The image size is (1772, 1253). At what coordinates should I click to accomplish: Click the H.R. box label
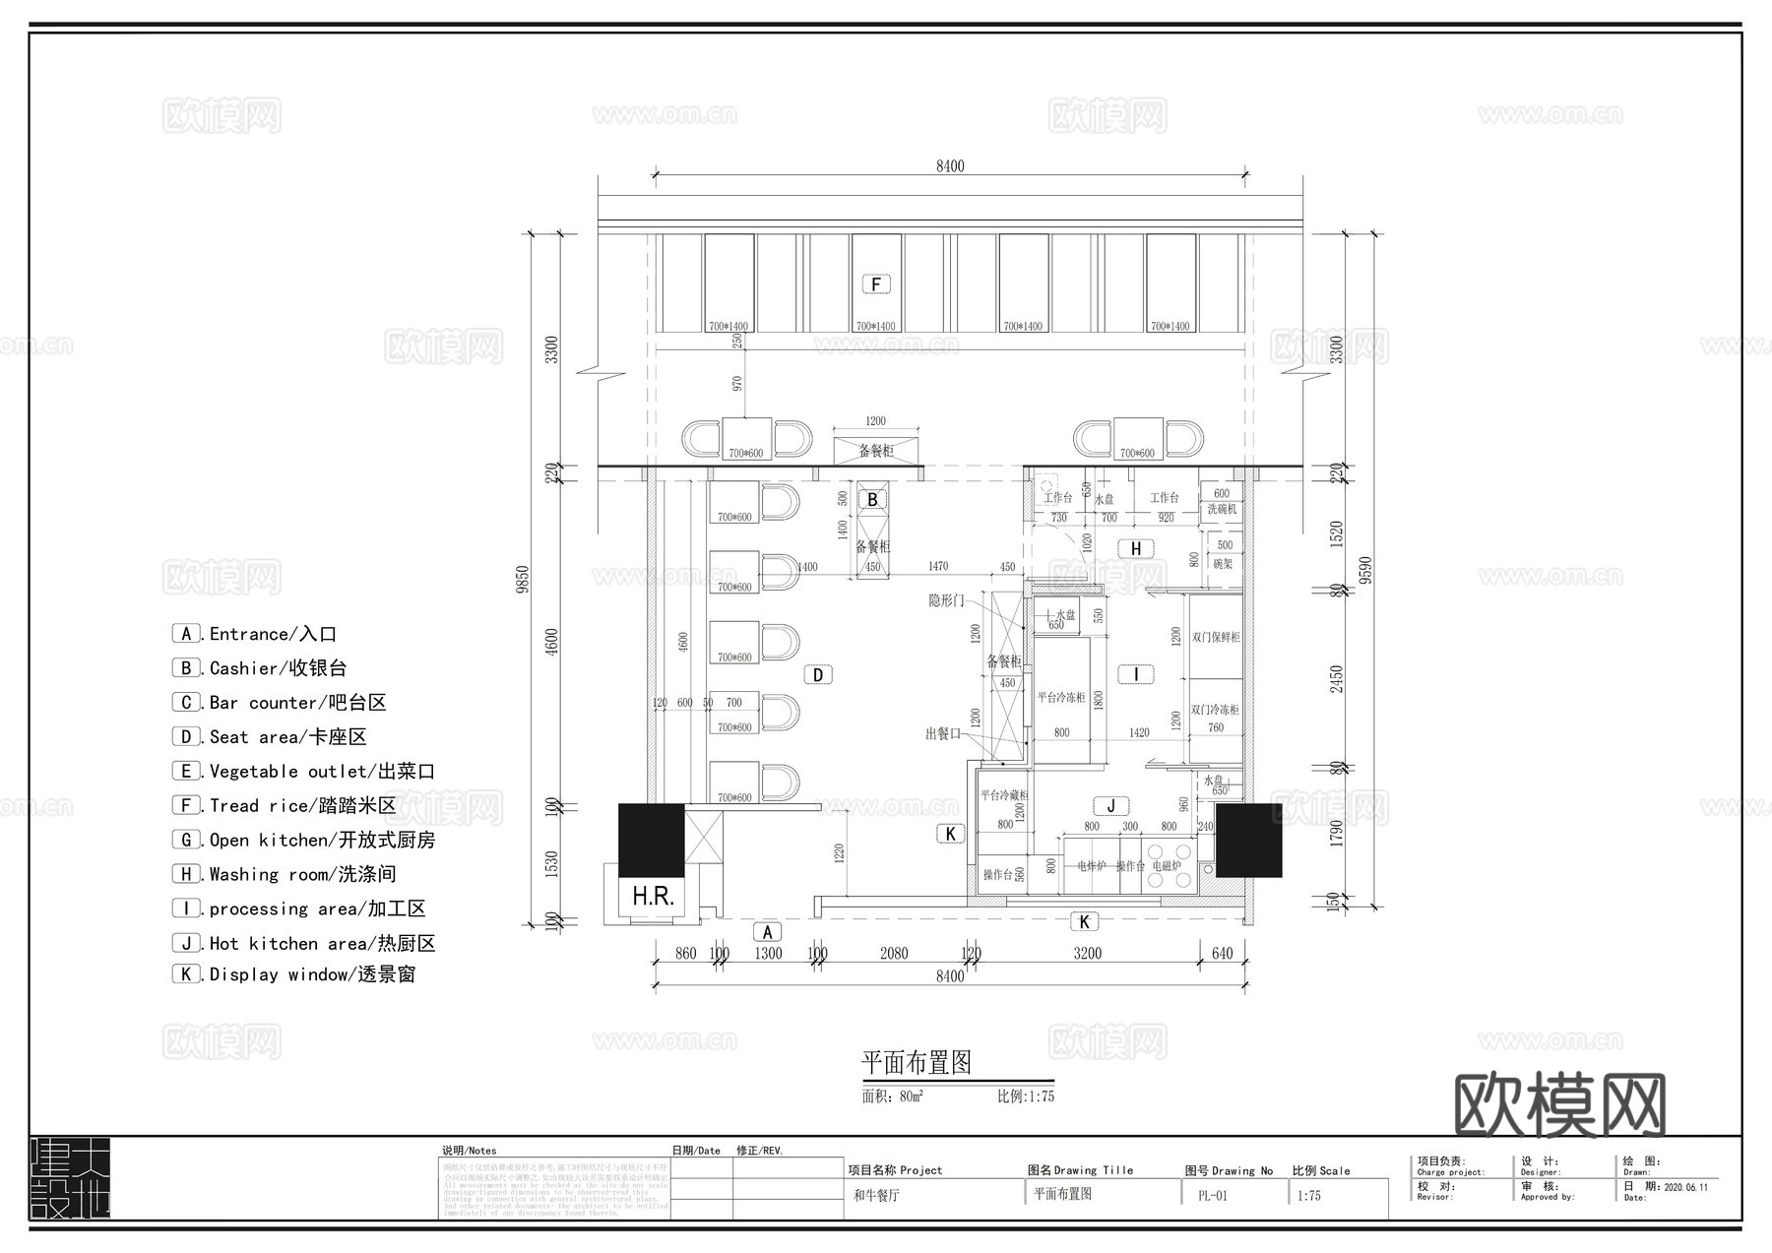(x=653, y=896)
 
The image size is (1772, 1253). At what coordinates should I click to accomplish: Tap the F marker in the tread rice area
(x=876, y=284)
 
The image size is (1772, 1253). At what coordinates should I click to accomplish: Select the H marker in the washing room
(x=1136, y=548)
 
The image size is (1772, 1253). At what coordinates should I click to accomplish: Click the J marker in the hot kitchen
(x=1110, y=806)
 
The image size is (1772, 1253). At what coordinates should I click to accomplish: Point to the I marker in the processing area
(x=1136, y=674)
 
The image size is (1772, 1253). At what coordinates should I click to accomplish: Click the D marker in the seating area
(x=818, y=675)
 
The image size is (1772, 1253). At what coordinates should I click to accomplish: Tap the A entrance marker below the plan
(x=767, y=931)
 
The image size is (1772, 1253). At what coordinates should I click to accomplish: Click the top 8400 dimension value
(x=950, y=166)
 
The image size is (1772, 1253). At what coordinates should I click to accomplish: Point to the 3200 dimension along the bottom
(x=1087, y=953)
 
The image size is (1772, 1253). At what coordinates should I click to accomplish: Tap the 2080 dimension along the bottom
(x=894, y=953)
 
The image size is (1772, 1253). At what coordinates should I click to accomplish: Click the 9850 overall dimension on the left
(x=524, y=579)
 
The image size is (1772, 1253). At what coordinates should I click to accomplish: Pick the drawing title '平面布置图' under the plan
(x=917, y=1063)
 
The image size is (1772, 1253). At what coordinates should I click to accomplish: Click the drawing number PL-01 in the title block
(x=1212, y=1196)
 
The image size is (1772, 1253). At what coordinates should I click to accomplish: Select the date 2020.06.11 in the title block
(x=1685, y=1187)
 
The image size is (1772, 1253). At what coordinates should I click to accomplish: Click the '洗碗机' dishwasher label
(x=1221, y=509)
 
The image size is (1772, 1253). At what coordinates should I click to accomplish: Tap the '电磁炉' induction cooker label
(x=1166, y=866)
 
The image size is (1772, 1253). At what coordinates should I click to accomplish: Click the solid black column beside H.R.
(x=651, y=840)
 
